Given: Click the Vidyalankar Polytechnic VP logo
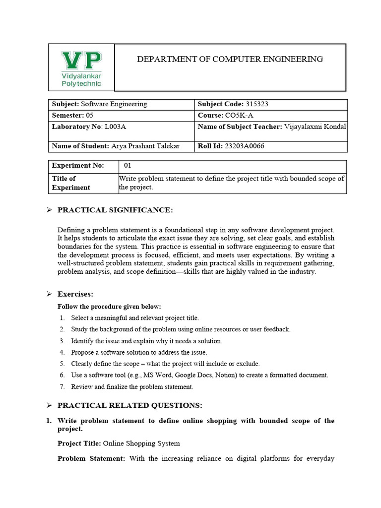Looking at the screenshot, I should click(x=81, y=67).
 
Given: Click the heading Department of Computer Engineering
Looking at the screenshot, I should click(x=230, y=59).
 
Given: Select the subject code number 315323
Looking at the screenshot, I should click(x=257, y=104).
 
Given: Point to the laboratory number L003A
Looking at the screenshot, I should click(x=115, y=127).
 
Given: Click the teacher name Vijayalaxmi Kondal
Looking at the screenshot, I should click(x=315, y=127).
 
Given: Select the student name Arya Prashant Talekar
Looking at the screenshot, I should click(x=145, y=146).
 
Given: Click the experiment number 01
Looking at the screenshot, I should click(x=127, y=165).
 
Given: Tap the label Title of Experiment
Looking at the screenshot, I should click(x=71, y=183).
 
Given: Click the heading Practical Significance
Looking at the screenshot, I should click(x=115, y=210).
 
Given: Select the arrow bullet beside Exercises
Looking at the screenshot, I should click(x=49, y=294).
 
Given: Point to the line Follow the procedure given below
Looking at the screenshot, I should click(x=109, y=307).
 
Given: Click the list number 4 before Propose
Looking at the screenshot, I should click(x=62, y=352).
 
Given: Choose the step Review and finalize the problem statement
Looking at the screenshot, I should click(x=132, y=386).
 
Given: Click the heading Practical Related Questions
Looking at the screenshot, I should click(x=130, y=405).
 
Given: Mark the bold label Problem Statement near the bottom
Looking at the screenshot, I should click(x=91, y=458).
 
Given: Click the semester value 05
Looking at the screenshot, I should click(x=89, y=115).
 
